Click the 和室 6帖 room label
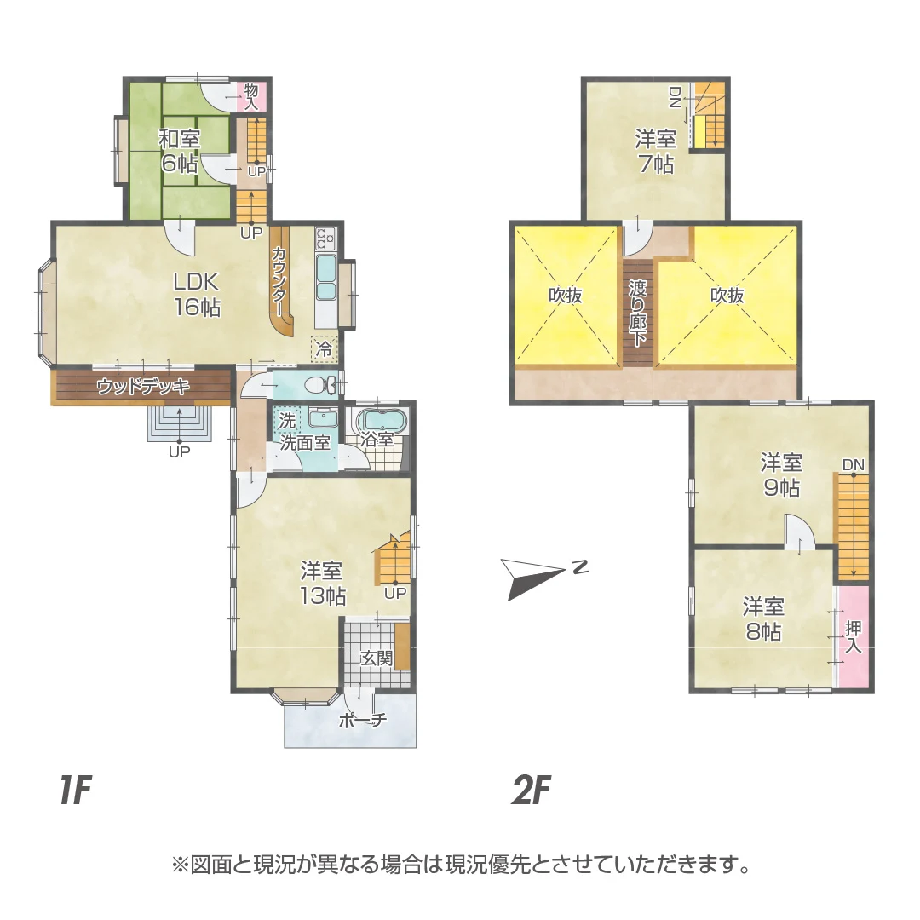tap(180, 151)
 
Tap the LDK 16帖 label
tap(197, 295)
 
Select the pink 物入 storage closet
tap(251, 96)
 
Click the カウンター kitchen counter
tap(280, 282)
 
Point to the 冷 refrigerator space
tap(324, 349)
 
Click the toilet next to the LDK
tap(319, 385)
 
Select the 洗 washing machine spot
tap(287, 420)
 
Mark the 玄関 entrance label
tap(377, 658)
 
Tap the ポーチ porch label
tap(362, 719)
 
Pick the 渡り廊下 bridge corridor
tap(637, 312)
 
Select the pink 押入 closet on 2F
tap(853, 637)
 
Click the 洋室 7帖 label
tap(655, 152)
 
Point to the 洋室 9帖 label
tap(781, 475)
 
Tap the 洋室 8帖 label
tap(763, 619)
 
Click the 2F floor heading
tap(531, 791)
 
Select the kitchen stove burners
tap(325, 239)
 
